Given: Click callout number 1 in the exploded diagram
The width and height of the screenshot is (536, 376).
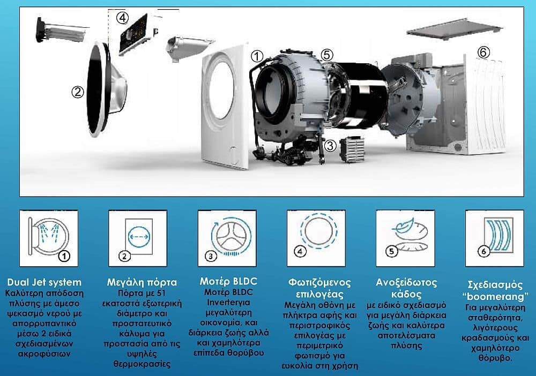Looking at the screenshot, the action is (257, 56).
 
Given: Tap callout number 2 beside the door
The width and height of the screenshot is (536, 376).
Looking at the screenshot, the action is (78, 92).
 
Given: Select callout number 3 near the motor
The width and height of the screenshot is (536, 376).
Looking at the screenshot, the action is (330, 146).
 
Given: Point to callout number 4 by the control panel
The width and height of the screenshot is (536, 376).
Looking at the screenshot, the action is (122, 18).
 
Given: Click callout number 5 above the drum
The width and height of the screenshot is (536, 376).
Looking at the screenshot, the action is (327, 55).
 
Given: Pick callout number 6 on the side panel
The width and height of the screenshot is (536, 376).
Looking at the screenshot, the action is (483, 52).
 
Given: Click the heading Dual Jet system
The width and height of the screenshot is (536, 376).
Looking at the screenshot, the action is (44, 282).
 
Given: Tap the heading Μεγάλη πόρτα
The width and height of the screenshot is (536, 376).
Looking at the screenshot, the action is (142, 282).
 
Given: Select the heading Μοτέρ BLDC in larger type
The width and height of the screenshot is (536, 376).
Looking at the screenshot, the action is (228, 281).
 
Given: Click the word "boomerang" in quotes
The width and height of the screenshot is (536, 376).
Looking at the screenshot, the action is (495, 296).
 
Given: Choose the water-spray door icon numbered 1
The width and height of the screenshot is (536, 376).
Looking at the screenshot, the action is (49, 238).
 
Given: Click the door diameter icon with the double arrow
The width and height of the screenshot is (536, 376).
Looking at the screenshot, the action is (138, 238).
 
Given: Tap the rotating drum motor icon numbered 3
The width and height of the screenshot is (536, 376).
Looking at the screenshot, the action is (227, 238).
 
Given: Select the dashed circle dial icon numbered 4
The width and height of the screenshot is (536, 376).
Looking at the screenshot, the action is (316, 238).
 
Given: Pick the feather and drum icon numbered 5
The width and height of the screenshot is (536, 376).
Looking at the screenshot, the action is (405, 238).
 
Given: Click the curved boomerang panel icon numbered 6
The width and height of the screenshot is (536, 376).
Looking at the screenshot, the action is (495, 238).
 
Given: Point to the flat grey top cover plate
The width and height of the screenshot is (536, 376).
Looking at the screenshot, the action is (455, 29).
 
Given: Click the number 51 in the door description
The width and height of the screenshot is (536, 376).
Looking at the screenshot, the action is (161, 293).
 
